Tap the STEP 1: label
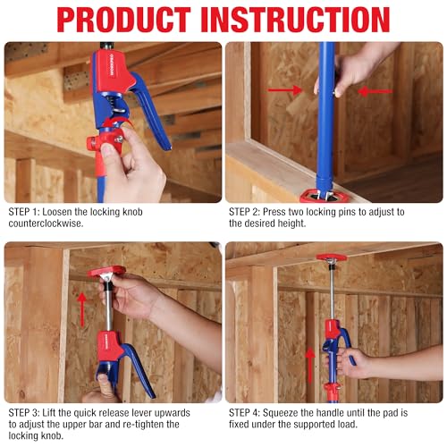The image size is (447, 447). (x=25, y=212)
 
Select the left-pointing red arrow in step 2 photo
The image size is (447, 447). (x=375, y=90)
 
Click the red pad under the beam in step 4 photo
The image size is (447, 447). (x=333, y=259)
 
